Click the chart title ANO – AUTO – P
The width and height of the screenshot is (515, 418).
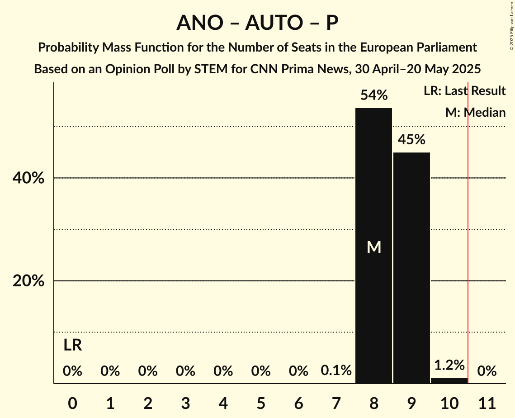[257, 23]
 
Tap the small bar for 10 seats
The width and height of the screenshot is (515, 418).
[449, 381]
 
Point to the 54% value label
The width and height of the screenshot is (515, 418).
[373, 95]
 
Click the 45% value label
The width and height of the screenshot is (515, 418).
[411, 140]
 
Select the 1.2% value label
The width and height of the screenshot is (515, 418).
[449, 365]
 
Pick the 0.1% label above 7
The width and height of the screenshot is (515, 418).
[336, 371]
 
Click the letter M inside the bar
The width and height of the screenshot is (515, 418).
[374, 247]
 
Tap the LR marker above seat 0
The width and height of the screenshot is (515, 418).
[72, 346]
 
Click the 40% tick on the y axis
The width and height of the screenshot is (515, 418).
[28, 178]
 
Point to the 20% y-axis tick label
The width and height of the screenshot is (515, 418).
[28, 281]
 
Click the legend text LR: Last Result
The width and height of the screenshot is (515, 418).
[464, 91]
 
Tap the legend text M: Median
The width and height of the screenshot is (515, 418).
[475, 113]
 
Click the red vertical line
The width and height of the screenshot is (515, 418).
[468, 235]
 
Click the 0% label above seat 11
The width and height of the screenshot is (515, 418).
[487, 371]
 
